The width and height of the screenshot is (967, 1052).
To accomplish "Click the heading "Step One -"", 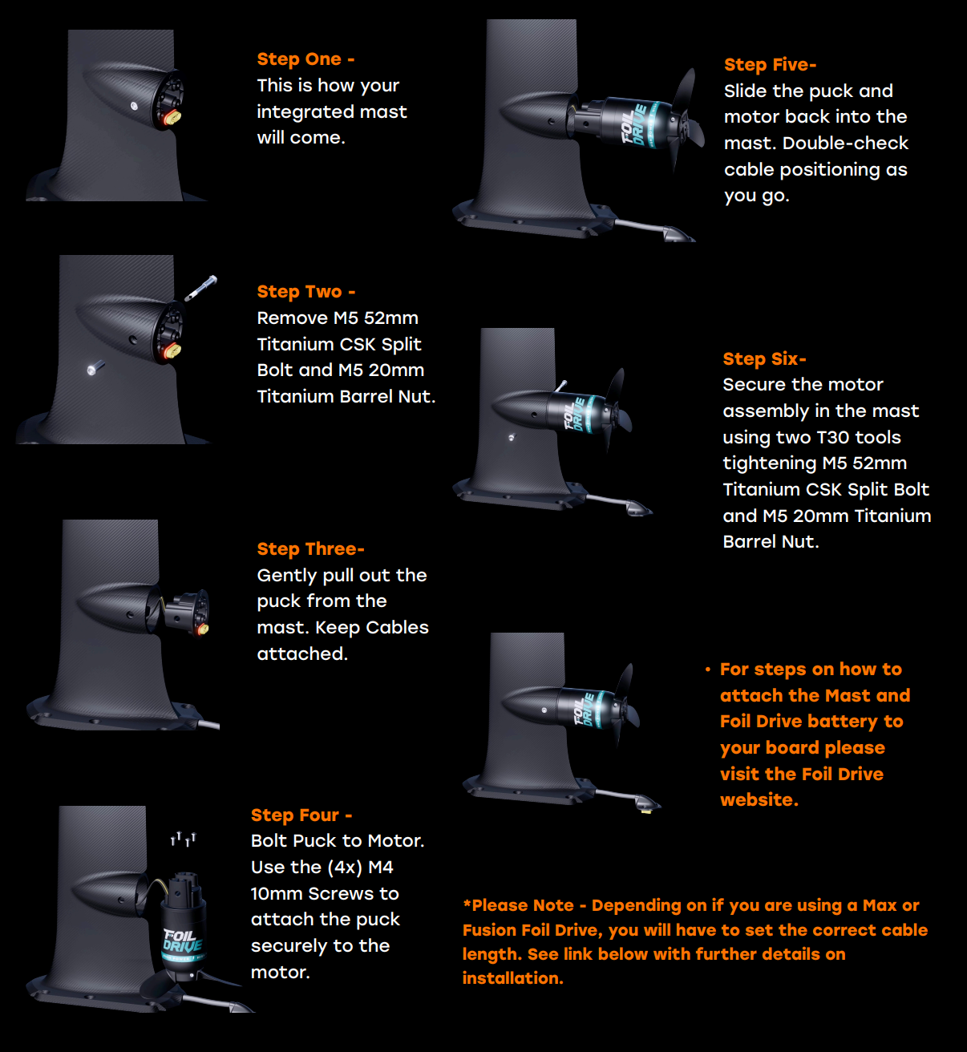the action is [x=305, y=59].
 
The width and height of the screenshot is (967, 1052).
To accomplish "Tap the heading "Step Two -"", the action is [x=305, y=292].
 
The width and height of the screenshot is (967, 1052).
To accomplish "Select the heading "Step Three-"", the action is [x=310, y=549].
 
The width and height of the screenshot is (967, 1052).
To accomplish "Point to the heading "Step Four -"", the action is [x=301, y=815].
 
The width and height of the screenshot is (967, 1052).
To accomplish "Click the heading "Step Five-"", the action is [x=770, y=65].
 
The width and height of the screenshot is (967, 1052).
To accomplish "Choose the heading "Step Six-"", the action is [x=764, y=358].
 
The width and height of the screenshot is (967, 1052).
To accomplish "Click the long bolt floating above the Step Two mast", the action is [x=200, y=288].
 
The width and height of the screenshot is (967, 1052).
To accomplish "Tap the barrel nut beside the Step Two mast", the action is [x=95, y=368].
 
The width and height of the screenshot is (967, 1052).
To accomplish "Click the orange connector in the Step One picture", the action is [x=172, y=118].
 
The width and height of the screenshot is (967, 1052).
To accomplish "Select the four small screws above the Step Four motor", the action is [x=183, y=839].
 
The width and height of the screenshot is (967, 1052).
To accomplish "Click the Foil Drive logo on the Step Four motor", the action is [x=181, y=941].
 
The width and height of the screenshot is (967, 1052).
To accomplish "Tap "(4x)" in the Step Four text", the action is [x=345, y=868].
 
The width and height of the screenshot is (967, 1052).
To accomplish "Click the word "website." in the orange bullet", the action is [x=759, y=799].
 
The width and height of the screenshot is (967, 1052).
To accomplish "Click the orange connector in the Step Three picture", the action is [x=203, y=629].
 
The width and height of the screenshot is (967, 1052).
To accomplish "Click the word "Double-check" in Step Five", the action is [x=845, y=144].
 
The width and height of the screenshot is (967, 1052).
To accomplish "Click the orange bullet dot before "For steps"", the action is [x=708, y=670].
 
